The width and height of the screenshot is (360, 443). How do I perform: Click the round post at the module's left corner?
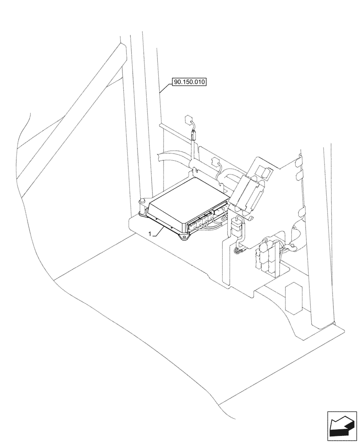(143, 202)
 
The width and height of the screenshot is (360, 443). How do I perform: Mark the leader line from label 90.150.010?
(164, 89)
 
